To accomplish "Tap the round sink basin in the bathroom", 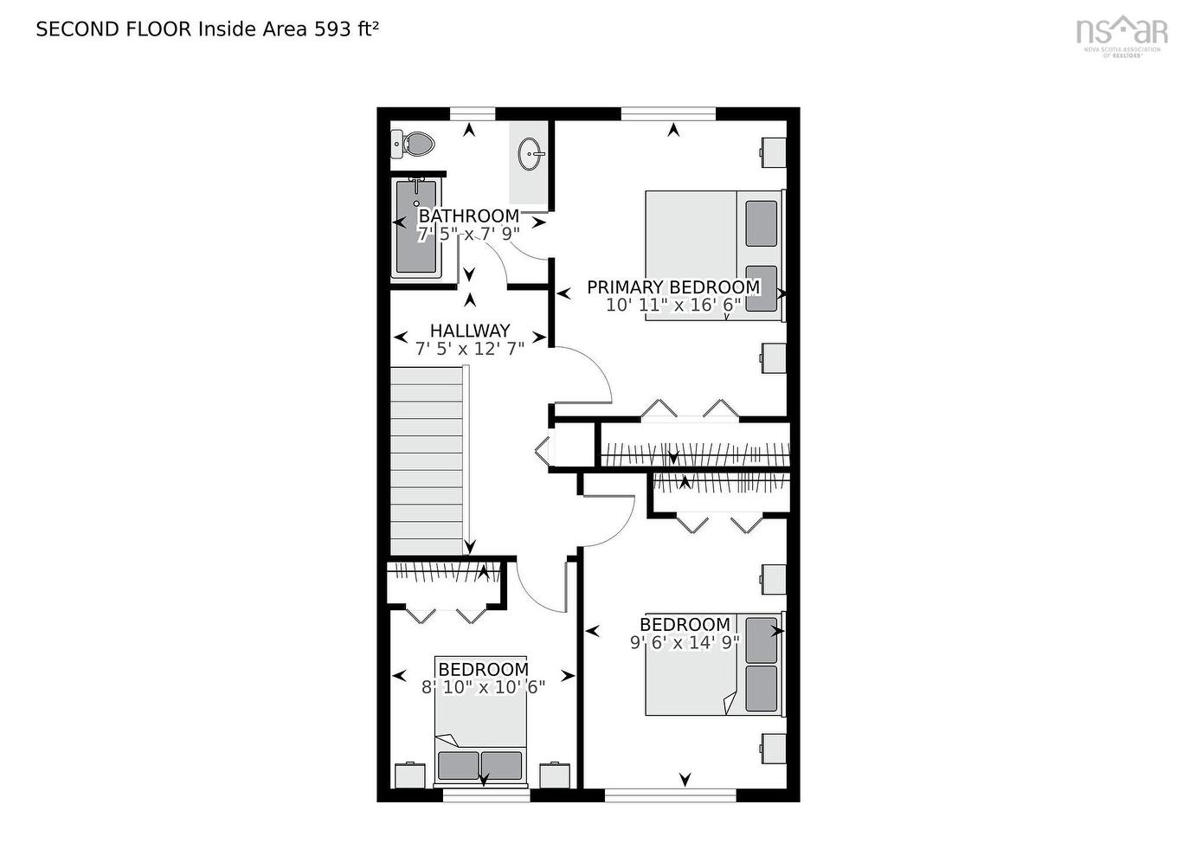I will pyautogui.click(x=530, y=156).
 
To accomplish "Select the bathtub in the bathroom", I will pyautogui.click(x=416, y=228).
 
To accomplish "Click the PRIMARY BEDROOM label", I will pyautogui.click(x=673, y=286).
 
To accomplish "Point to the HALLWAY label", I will pyautogui.click(x=470, y=330).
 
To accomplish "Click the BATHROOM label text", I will pyautogui.click(x=469, y=216).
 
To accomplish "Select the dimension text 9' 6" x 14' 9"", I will pyautogui.click(x=684, y=642).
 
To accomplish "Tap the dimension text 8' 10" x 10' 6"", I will pyautogui.click(x=483, y=687).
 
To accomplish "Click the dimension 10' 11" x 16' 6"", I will pyautogui.click(x=673, y=305).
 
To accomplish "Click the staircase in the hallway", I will pyautogui.click(x=428, y=460).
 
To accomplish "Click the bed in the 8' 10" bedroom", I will pyautogui.click(x=480, y=720).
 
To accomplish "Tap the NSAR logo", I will pyautogui.click(x=1122, y=32).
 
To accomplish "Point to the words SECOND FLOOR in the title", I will pyautogui.click(x=113, y=29).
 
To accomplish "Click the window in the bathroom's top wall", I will pyautogui.click(x=473, y=113).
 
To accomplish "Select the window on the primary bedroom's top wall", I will pyautogui.click(x=668, y=113).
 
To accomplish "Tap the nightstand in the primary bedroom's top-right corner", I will pyautogui.click(x=773, y=151).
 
